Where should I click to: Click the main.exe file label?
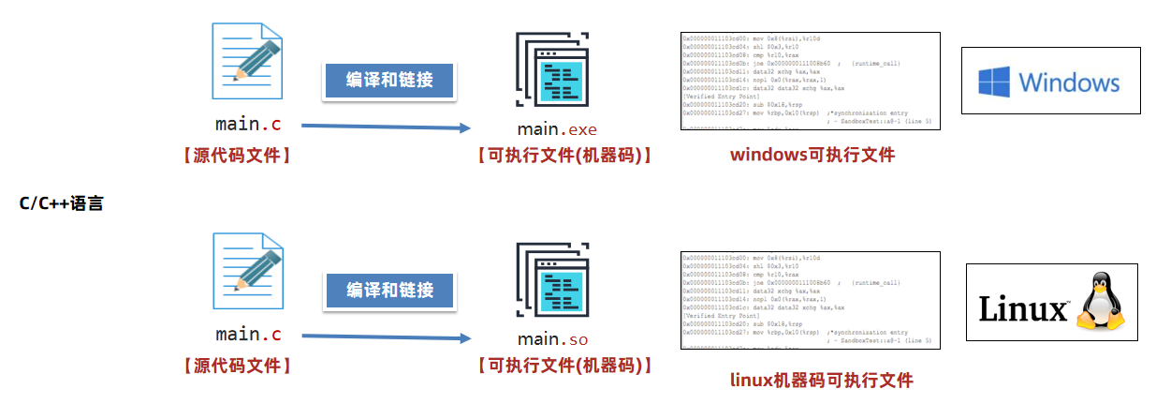pos(556,129)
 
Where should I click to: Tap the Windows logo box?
pos(1051,82)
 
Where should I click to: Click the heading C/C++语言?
pos(60,202)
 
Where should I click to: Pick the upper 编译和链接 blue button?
pos(389,80)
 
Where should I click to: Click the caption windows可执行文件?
pos(812,155)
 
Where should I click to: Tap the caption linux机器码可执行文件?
pos(821,380)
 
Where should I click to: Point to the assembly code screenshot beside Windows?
pos(810,81)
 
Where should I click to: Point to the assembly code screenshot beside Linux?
pos(810,300)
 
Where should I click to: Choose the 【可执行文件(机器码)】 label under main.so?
pos(564,366)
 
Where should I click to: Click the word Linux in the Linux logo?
pos(1023,309)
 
